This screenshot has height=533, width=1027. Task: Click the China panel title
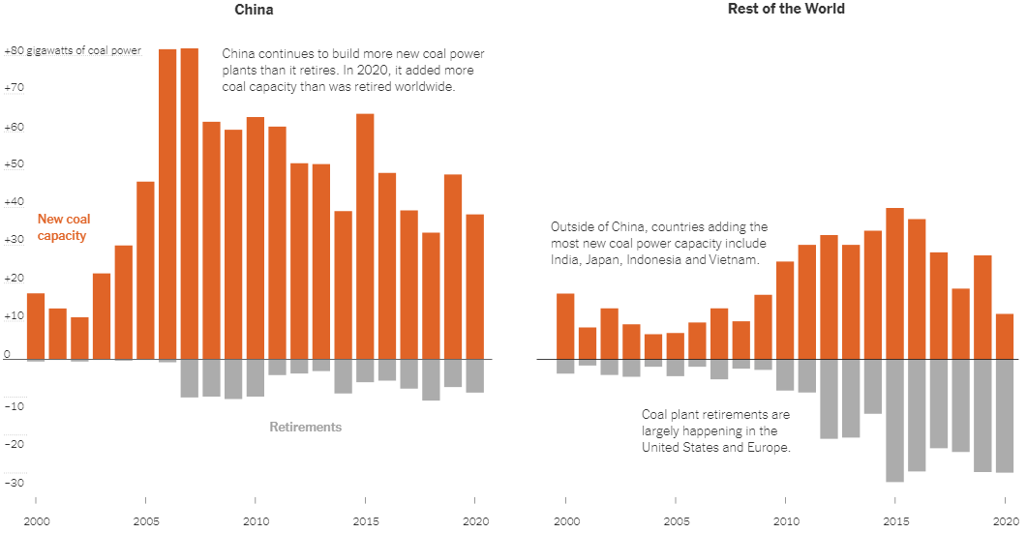(x=254, y=10)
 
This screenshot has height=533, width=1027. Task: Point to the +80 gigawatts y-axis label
(x=73, y=50)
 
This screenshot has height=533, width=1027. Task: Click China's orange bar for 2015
(x=365, y=236)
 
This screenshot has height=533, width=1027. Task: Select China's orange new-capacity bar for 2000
(x=36, y=326)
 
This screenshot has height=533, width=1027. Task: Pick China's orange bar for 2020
(x=474, y=286)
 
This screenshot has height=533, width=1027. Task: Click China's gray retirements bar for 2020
(x=474, y=375)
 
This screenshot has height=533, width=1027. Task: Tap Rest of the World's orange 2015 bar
(x=894, y=283)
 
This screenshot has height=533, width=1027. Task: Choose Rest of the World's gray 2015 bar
(x=894, y=420)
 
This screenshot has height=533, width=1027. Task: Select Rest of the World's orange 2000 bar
(x=565, y=326)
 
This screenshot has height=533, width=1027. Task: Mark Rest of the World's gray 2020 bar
(x=1004, y=415)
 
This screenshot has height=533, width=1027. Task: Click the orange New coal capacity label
(x=64, y=227)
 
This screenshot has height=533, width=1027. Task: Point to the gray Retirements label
(x=305, y=427)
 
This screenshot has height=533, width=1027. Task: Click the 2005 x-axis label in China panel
(x=145, y=520)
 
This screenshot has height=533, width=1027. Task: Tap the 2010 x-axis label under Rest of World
(x=784, y=520)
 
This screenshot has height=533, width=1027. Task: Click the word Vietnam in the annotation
(x=736, y=261)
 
